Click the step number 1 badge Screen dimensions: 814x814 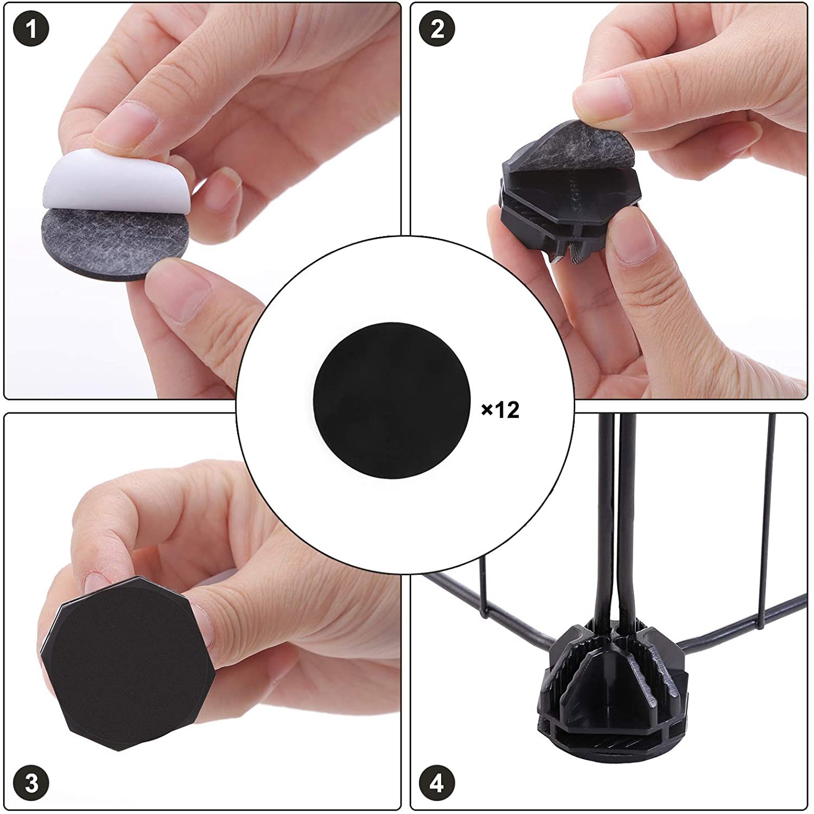[x=31, y=29]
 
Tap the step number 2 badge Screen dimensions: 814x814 [x=437, y=29]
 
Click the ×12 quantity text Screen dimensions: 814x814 [x=500, y=410]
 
